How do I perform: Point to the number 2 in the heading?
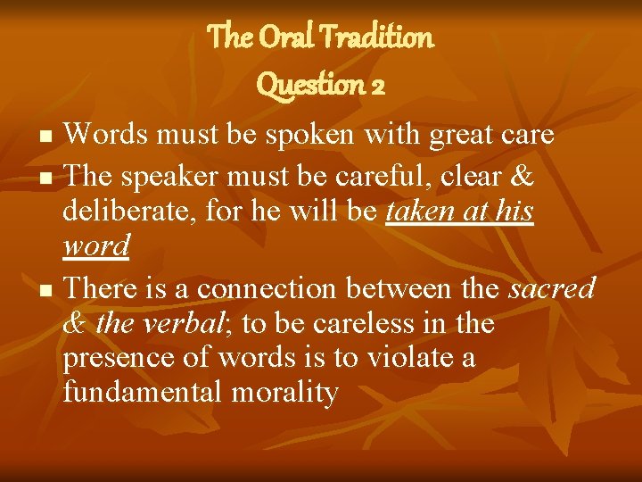tap(377, 85)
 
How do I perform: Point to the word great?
tap(464, 136)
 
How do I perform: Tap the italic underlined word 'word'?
tap(96, 246)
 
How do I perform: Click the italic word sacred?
tap(551, 288)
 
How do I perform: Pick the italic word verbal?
tap(180, 323)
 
